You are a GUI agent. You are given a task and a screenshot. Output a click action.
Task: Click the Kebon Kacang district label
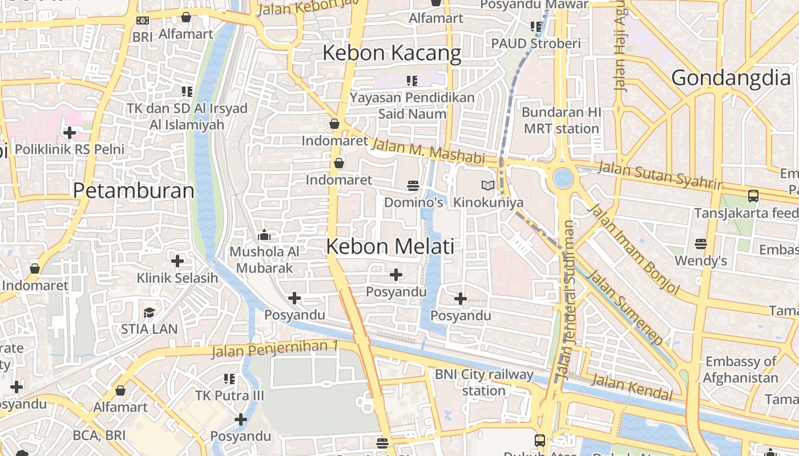point(392,53)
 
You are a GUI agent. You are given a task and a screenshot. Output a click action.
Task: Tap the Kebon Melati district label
point(390,246)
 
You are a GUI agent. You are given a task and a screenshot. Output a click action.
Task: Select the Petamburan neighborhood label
point(134,190)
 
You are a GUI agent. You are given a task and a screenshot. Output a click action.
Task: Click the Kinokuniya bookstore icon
point(487,185)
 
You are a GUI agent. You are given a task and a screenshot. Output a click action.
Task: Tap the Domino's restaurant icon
point(413,185)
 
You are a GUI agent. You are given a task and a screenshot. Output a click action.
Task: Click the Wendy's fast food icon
point(701,244)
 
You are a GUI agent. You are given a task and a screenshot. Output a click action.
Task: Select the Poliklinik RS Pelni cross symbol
point(69,133)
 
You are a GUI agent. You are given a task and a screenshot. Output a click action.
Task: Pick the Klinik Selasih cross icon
point(177,261)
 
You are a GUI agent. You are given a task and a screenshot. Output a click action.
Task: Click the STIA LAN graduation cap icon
point(149,312)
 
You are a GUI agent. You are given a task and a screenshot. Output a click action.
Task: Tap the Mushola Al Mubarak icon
point(264,235)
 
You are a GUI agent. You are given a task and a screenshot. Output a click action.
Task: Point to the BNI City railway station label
point(484,382)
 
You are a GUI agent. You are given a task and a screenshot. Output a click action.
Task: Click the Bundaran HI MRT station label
point(561,120)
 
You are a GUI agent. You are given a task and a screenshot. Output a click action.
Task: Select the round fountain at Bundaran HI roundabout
point(563,178)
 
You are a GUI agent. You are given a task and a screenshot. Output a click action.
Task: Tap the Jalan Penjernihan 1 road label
point(275,348)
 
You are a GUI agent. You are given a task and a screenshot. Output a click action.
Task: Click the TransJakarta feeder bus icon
point(753,196)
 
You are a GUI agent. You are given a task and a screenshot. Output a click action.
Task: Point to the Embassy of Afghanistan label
point(740,369)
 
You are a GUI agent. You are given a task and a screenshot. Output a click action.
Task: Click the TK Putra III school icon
point(229,378)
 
